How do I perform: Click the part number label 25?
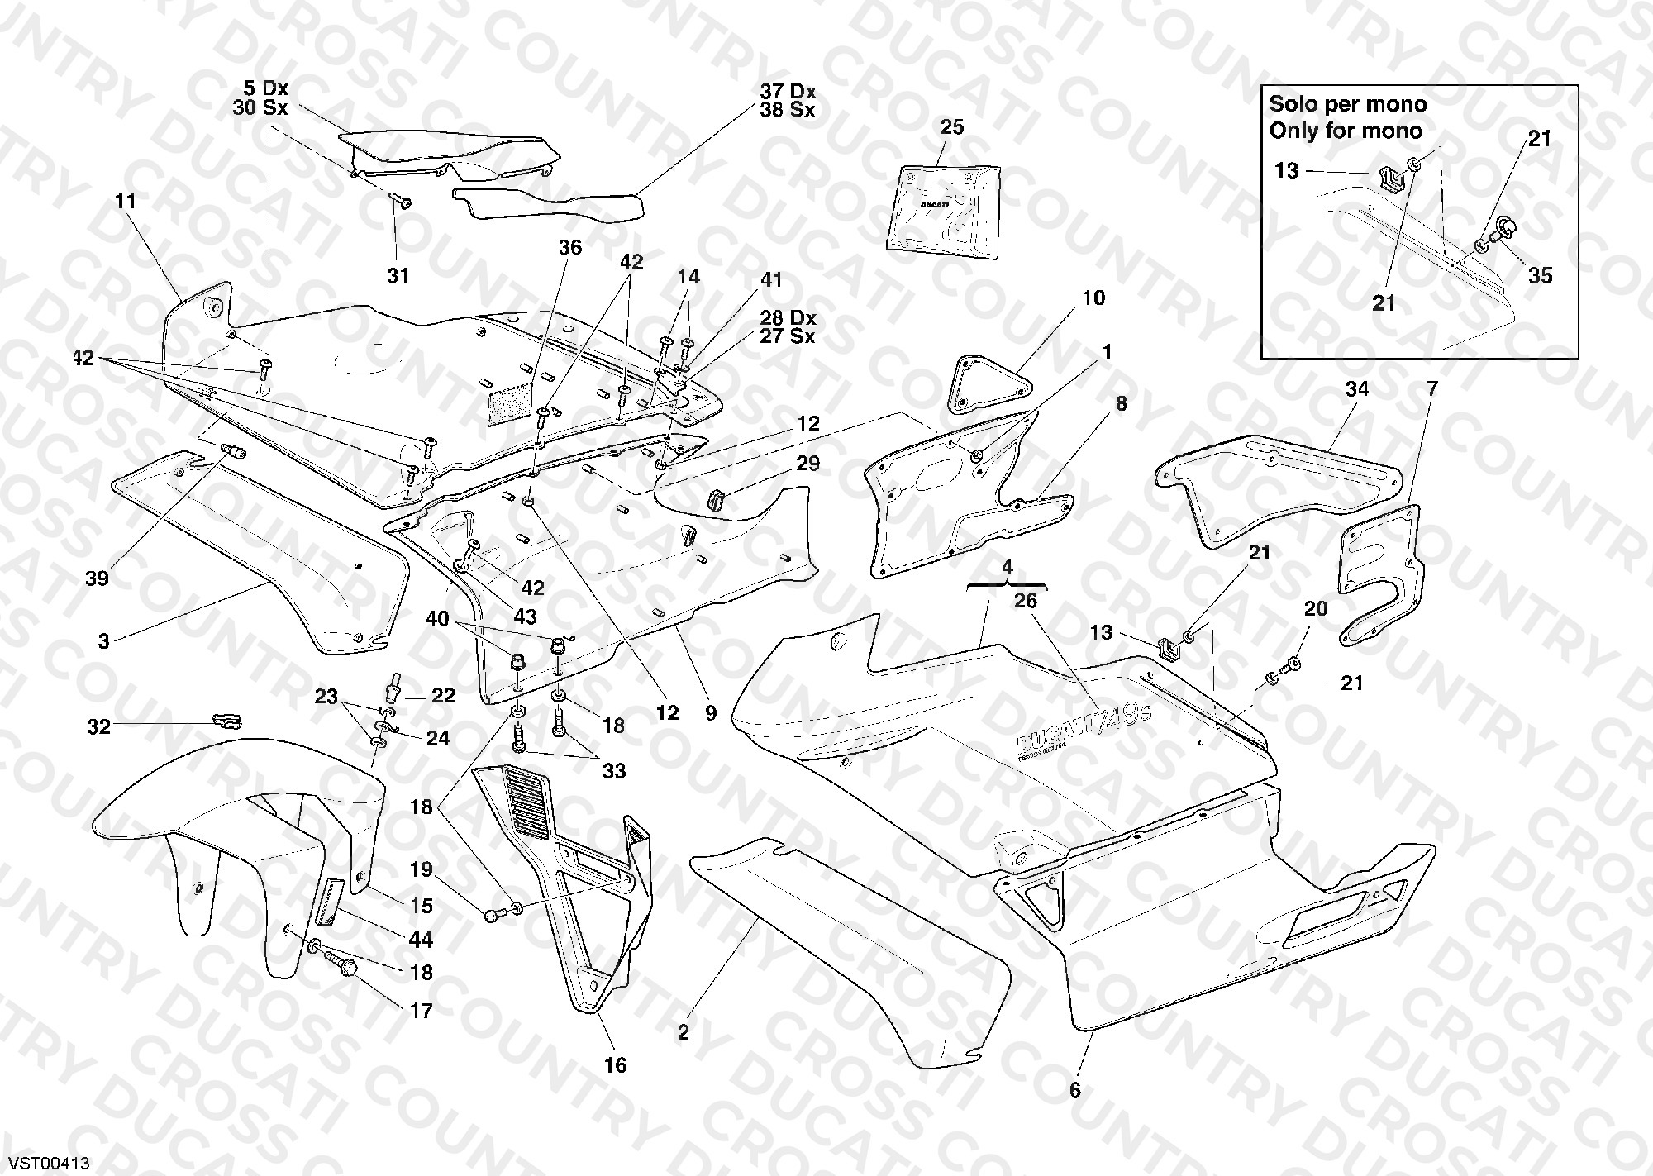pos(952,127)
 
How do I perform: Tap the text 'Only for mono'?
pos(1346,131)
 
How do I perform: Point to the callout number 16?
pos(616,1064)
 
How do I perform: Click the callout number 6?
pos(1075,1090)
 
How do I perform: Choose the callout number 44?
pos(422,940)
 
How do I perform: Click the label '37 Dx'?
pos(788,91)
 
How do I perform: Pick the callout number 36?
pos(570,247)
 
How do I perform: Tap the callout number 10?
pos(1093,298)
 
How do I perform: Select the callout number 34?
pos(1357,388)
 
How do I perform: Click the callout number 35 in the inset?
pos(1540,275)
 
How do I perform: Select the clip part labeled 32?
pos(226,721)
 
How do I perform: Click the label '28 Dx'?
pos(788,318)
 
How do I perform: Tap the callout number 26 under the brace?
pos(1025,601)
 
